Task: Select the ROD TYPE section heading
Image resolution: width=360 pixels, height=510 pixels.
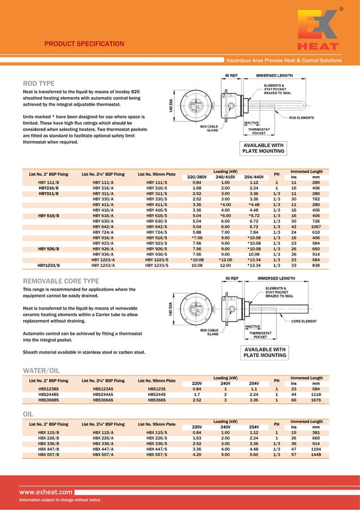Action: click(x=38, y=84)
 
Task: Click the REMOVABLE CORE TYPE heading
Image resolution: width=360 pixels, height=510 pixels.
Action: click(x=60, y=281)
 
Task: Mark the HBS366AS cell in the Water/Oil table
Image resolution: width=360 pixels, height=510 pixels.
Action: click(x=103, y=400)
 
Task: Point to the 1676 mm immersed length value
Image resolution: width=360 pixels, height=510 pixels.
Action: click(x=316, y=400)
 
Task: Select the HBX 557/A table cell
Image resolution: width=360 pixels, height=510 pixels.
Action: click(x=103, y=454)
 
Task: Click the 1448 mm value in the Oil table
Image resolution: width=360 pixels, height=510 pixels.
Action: click(x=316, y=454)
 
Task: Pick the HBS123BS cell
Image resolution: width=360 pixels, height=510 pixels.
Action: click(x=49, y=389)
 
